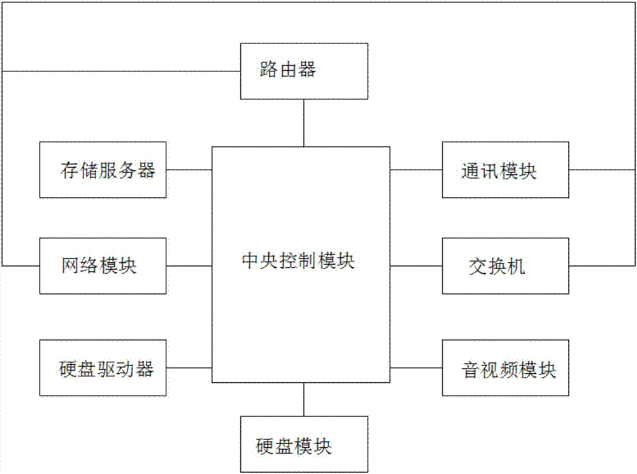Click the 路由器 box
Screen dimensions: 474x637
pos(304,71)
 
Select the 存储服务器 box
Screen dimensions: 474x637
pos(103,170)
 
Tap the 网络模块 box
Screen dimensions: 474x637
pos(103,265)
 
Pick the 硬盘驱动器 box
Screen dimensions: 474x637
pos(103,368)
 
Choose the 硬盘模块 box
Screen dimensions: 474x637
pos(304,445)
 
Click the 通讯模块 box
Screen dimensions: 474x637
pos(506,170)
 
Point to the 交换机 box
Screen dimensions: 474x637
pos(506,265)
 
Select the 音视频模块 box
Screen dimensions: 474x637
pos(506,368)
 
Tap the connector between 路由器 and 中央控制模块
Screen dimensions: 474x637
pos(304,122)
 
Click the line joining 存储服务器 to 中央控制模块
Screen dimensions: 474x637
pos(189,170)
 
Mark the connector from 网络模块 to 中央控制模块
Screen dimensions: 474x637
pos(189,265)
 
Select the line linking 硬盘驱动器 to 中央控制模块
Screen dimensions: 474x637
pos(189,368)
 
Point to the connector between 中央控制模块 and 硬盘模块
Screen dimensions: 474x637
pos(304,399)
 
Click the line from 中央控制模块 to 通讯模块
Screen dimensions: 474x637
pos(416,170)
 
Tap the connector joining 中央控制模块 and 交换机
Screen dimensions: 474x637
pos(416,265)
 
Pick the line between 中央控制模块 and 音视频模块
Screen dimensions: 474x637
pos(416,368)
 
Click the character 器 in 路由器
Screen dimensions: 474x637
pos(307,70)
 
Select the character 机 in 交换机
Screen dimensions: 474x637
pos(517,266)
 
